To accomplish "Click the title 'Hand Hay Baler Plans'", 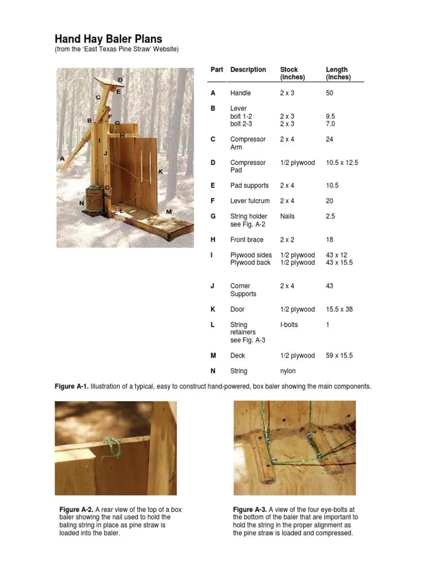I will [x=108, y=39].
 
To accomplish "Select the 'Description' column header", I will [x=248, y=70].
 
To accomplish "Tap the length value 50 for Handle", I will [x=330, y=93].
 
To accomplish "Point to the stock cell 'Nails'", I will [x=288, y=216].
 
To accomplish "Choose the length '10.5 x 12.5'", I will [x=342, y=163].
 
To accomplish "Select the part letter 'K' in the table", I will [x=213, y=309].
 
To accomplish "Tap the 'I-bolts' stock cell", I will [x=289, y=324].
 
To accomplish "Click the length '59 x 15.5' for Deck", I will [x=339, y=355].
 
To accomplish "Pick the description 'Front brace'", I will [x=247, y=239].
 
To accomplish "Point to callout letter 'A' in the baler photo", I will [x=62, y=158].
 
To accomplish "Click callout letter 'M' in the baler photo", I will [x=168, y=212].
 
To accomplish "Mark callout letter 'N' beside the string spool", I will [x=82, y=203].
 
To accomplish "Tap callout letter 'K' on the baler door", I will [x=161, y=172].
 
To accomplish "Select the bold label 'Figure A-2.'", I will [x=76, y=509].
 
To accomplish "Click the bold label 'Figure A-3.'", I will [x=250, y=509].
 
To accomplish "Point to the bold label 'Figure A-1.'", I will [x=71, y=386].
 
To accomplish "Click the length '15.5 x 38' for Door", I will [x=339, y=309].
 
